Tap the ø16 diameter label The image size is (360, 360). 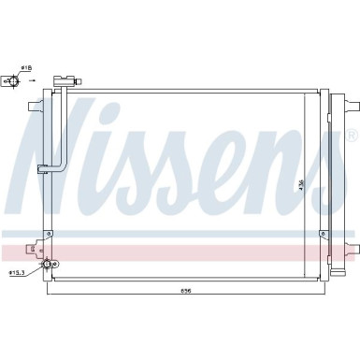[x=27, y=68]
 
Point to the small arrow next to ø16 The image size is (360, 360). [x=33, y=81]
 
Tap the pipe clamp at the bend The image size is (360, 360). [x=43, y=169]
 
